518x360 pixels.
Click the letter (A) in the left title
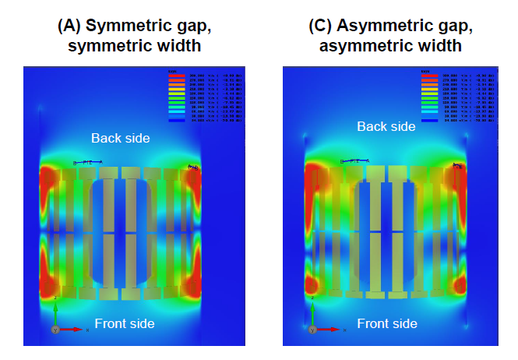click(69, 26)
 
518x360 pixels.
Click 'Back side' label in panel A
click(120, 138)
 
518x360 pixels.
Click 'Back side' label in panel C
click(386, 126)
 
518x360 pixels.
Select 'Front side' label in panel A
click(125, 323)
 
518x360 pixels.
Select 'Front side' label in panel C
click(387, 323)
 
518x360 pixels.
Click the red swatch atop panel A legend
click(176, 75)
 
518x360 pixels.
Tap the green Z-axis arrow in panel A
click(55, 312)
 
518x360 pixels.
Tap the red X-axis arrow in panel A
click(75, 330)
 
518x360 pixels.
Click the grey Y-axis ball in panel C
click(312, 330)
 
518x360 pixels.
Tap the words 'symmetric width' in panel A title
click(134, 46)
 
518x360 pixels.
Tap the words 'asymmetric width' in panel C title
click(390, 46)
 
